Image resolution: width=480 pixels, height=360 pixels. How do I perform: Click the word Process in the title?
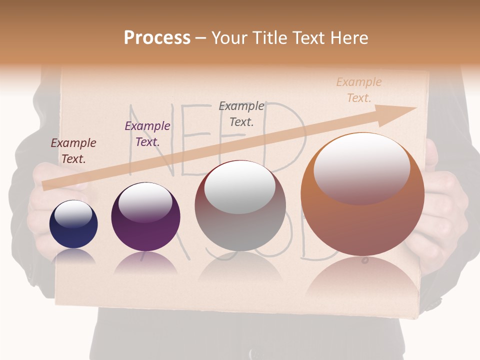tap(157, 38)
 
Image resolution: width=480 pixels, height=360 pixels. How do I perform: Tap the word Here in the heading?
tap(348, 38)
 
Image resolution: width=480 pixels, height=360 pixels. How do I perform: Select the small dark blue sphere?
tap(73, 224)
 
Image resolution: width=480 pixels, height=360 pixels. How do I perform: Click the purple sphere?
tap(145, 217)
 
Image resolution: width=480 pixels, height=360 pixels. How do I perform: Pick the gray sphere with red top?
tap(240, 206)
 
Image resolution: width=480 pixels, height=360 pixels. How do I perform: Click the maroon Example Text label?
tap(73, 151)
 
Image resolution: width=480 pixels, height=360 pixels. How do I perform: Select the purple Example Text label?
tap(147, 134)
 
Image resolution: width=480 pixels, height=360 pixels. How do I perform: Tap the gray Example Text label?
tap(241, 113)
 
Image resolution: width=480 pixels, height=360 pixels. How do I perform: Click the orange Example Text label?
tap(359, 89)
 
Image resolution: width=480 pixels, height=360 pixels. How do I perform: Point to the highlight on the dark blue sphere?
tap(73, 214)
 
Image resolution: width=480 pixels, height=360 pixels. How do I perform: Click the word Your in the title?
tap(230, 38)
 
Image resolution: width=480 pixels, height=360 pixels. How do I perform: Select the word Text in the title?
tap(307, 38)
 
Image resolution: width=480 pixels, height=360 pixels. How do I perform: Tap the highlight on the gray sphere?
tap(239, 187)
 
